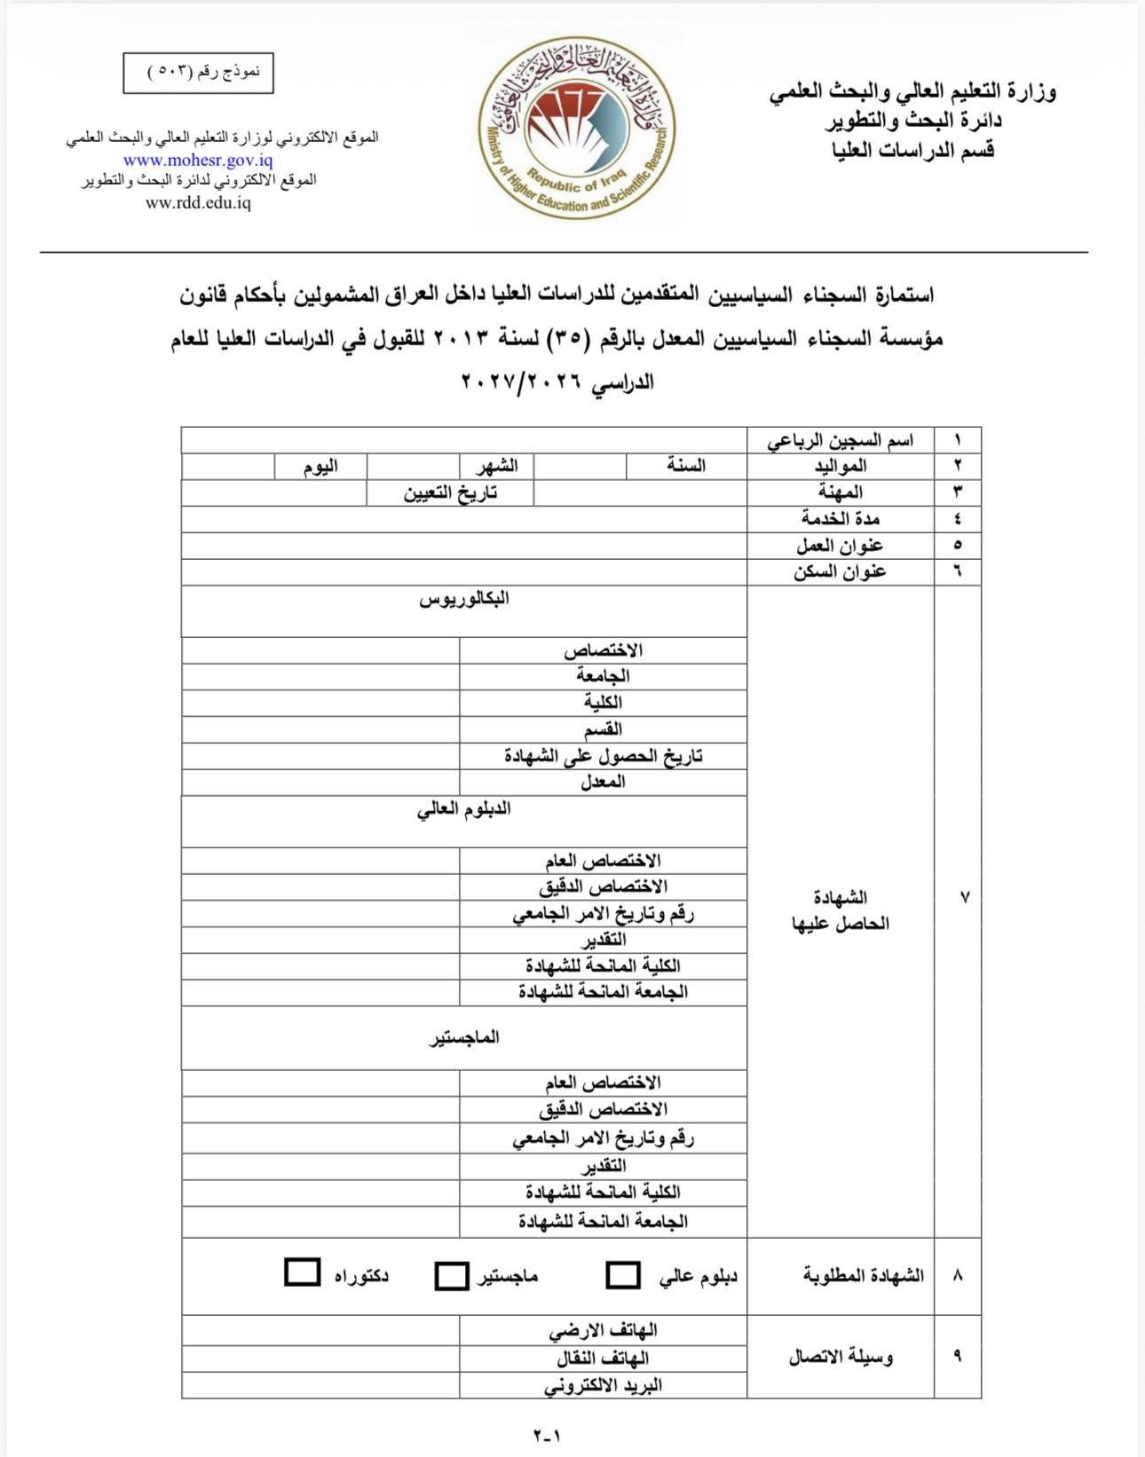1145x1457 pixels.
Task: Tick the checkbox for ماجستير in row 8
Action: pos(451,1276)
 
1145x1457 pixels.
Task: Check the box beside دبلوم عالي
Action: pos(623,1275)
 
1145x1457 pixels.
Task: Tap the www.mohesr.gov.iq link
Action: pos(198,161)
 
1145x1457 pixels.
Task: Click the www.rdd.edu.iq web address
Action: pos(198,202)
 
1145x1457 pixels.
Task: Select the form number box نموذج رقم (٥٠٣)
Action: pos(198,73)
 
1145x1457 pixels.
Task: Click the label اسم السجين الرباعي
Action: pos(840,440)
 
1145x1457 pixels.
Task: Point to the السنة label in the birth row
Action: pos(686,466)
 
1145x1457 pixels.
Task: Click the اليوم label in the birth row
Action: pos(320,467)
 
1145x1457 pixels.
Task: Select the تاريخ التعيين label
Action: pos(450,493)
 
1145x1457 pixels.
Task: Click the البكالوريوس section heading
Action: pos(464,599)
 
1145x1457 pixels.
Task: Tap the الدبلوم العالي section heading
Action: pos(464,809)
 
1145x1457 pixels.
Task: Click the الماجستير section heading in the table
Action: pos(464,1037)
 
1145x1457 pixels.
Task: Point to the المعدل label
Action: pos(603,782)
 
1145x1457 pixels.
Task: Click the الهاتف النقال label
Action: pos(603,1359)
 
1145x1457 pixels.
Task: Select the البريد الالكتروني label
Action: pos(603,1385)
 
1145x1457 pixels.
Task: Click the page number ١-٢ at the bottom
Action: pos(548,1435)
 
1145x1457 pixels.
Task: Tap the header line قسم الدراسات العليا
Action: pos(912,150)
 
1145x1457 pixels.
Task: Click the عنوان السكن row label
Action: pos(840,571)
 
